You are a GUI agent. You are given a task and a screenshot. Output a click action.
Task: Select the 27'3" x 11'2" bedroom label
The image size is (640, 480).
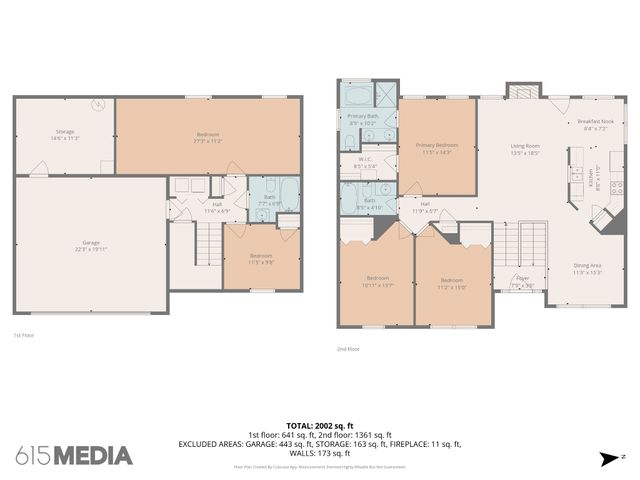(x=208, y=137)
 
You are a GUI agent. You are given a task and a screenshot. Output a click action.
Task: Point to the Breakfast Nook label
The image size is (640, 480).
(x=594, y=124)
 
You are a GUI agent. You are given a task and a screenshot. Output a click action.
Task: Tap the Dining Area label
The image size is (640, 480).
(x=587, y=268)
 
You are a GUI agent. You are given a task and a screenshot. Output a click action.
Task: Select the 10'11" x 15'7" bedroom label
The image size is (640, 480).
(x=377, y=280)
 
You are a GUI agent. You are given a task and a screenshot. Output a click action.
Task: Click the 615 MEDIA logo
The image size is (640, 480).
(x=74, y=456)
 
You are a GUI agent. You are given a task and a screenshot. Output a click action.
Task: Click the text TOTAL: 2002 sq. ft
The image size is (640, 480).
(x=320, y=425)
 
